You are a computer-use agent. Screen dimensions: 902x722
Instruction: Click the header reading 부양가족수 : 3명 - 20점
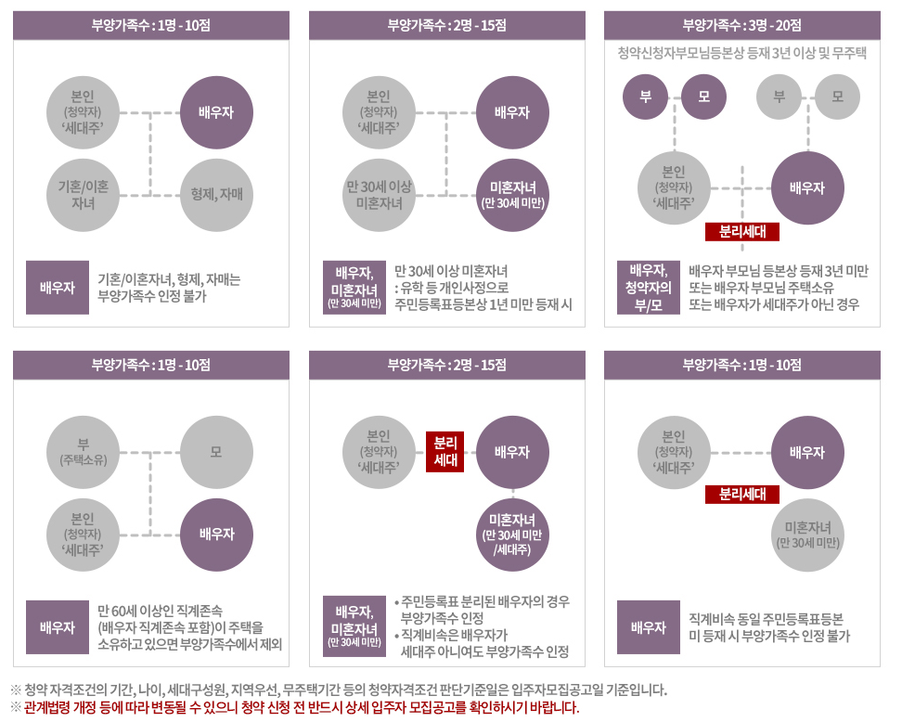(x=741, y=25)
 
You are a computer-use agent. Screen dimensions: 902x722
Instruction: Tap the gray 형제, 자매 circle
(x=216, y=195)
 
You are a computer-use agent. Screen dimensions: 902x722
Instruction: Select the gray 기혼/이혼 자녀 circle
(x=83, y=195)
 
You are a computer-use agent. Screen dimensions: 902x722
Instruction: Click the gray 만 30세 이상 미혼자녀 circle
(x=379, y=195)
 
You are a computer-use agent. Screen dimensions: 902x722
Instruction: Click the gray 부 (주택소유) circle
(x=83, y=452)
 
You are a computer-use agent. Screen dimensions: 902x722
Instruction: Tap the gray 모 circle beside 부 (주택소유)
(x=216, y=452)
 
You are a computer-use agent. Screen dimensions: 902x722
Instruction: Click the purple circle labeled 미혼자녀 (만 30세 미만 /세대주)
(x=512, y=534)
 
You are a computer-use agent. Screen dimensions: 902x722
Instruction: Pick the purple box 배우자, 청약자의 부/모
(x=648, y=288)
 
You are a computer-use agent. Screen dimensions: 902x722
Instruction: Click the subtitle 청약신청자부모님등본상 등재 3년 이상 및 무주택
(x=741, y=53)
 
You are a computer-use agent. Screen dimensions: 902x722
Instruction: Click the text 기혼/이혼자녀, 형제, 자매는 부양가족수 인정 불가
(x=169, y=288)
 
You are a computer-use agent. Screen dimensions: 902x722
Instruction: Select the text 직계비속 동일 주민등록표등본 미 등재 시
(x=766, y=627)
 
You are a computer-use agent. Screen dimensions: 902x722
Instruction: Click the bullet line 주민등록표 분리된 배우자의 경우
(x=483, y=601)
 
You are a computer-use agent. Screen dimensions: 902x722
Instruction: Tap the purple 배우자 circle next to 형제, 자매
(x=216, y=113)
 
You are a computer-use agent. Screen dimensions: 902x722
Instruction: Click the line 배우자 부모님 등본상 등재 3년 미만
(x=778, y=271)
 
